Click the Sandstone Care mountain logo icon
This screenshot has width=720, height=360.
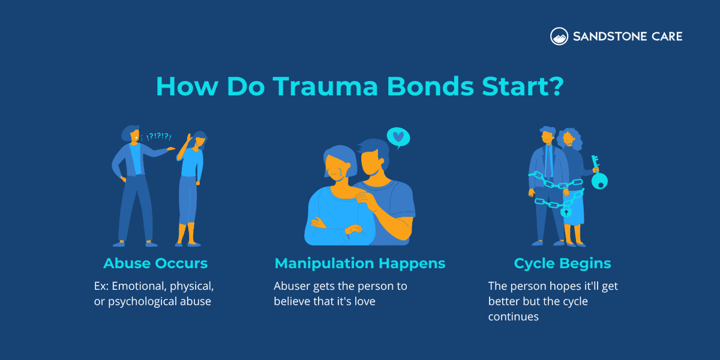coord(559,36)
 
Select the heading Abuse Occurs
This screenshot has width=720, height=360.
coord(155,263)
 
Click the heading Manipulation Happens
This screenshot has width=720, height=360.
coord(360,263)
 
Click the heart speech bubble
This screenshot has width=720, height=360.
coord(397,137)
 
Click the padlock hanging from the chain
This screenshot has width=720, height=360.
coord(565,211)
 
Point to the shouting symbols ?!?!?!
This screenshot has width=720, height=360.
coord(158,137)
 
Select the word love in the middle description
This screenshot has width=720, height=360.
coord(362,301)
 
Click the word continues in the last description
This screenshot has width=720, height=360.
coord(513,316)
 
